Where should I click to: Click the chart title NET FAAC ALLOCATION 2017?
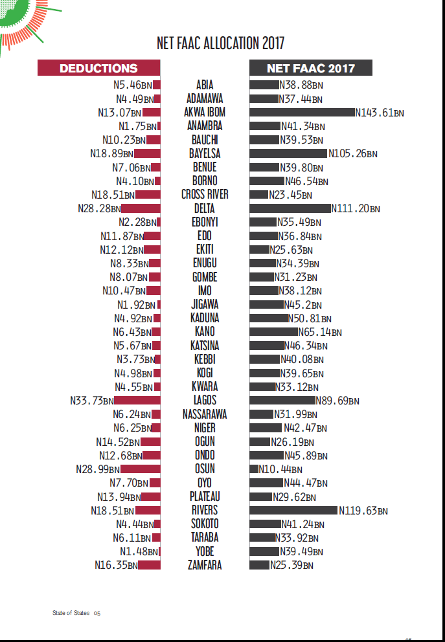point(220,43)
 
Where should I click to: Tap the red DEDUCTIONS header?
point(98,68)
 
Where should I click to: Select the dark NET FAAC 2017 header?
point(311,68)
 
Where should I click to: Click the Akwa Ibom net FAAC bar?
point(302,112)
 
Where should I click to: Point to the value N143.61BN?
point(380,113)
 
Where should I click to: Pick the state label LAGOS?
point(205,400)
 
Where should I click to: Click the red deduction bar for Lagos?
point(137,400)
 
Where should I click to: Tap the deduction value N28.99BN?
point(98,469)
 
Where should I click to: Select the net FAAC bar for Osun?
point(254,469)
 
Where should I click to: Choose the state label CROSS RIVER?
point(205,194)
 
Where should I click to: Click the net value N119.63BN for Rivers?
point(363,511)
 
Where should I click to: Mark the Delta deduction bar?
point(141,208)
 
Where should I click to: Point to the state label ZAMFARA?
point(205,565)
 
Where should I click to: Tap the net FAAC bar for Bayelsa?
point(288,153)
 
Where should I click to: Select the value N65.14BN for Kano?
point(319,332)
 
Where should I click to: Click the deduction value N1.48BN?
point(139,551)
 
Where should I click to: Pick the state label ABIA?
point(205,85)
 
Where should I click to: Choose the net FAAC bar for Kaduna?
point(269,318)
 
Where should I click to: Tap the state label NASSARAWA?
point(205,414)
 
